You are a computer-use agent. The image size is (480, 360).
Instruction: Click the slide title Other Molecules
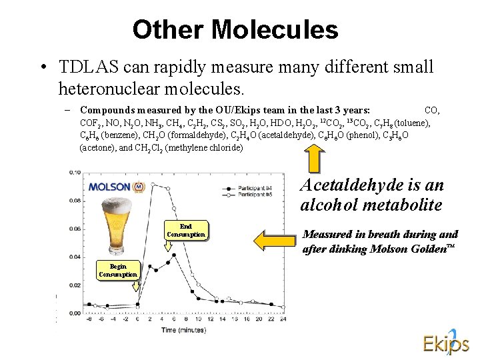pyautogui.click(x=235, y=29)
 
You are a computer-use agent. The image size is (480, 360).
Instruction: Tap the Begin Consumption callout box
pyautogui.click(x=118, y=270)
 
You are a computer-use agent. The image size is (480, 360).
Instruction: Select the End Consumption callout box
pyautogui.click(x=186, y=230)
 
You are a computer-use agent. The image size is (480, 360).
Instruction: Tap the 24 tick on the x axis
pyautogui.click(x=283, y=319)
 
